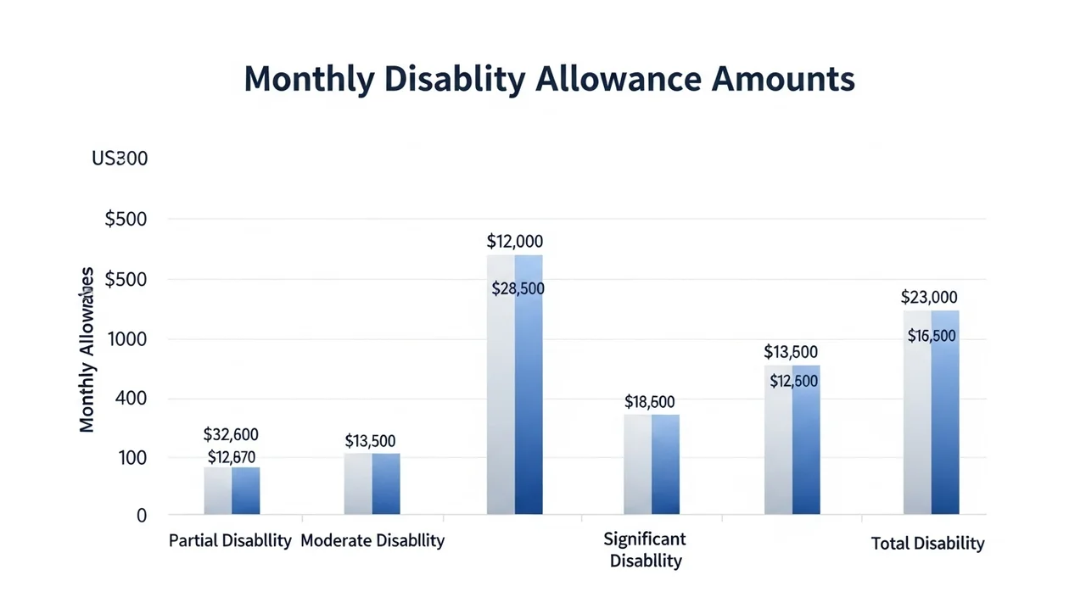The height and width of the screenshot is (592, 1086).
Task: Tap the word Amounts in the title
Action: coord(783,79)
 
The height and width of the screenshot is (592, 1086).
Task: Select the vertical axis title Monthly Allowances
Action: coord(87,349)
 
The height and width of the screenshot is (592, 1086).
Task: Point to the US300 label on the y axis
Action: coord(120,159)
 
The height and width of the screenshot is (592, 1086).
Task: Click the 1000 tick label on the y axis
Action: coord(128,339)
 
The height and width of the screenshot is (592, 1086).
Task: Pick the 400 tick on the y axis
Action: coord(132,398)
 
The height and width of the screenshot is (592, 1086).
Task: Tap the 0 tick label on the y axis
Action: coord(141,515)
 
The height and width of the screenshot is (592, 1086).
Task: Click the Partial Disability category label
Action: coord(230,540)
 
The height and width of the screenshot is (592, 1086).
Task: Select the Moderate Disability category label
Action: coord(372,540)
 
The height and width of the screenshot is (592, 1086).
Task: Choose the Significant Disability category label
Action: coord(645,550)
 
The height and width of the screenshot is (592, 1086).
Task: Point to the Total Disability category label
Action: coord(928,544)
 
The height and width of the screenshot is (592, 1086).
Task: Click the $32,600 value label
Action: coord(231,435)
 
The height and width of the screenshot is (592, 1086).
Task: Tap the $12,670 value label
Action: coord(231,458)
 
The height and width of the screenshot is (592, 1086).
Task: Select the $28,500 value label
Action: coord(518,288)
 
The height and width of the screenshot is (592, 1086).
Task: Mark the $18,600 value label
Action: coord(649,402)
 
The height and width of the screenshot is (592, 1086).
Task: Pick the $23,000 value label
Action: coord(929,298)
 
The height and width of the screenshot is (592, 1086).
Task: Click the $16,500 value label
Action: coord(931,336)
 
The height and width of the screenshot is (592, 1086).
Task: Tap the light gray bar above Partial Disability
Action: coord(218,491)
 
